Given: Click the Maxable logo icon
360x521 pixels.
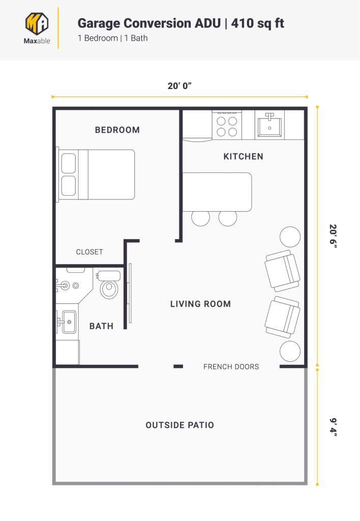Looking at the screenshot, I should (37, 23).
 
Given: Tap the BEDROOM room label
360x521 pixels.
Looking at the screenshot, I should (117, 130).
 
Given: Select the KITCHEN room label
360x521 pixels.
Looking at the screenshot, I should (243, 157).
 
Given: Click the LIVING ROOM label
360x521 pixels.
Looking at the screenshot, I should (200, 304).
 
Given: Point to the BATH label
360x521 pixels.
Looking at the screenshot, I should (101, 326).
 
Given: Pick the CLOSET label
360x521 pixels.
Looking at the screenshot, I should (89, 252).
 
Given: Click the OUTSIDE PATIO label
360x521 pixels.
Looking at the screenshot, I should (179, 425).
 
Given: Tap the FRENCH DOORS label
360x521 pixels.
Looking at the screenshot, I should (231, 366).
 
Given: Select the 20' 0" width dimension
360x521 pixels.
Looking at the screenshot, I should (179, 86).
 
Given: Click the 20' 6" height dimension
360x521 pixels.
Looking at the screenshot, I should (333, 236).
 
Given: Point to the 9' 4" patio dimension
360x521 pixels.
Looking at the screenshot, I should (333, 426).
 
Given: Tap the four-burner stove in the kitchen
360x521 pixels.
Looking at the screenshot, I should (227, 126).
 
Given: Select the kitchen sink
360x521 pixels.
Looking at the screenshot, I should (270, 125).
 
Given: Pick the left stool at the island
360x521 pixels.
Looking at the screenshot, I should (200, 218).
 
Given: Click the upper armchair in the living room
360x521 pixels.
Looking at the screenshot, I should (282, 270).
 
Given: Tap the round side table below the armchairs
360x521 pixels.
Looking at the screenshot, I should (290, 352).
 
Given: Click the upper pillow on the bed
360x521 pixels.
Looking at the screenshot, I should (68, 164).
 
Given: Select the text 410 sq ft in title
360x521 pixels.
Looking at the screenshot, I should (257, 23).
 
